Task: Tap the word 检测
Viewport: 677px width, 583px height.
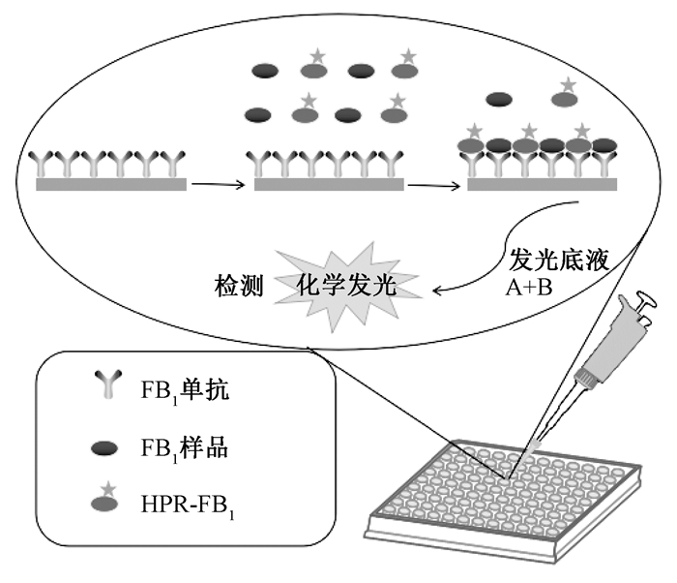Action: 241,287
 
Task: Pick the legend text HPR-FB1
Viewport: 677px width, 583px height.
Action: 184,505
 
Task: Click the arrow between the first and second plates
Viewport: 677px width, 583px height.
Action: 217,183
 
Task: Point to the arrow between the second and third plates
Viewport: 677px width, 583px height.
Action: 432,183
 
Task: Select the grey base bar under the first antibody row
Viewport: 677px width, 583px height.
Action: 112,183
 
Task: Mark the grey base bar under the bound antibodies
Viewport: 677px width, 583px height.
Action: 543,183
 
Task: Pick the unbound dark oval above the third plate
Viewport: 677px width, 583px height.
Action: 500,99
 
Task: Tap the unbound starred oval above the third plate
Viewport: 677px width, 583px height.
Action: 564,100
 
